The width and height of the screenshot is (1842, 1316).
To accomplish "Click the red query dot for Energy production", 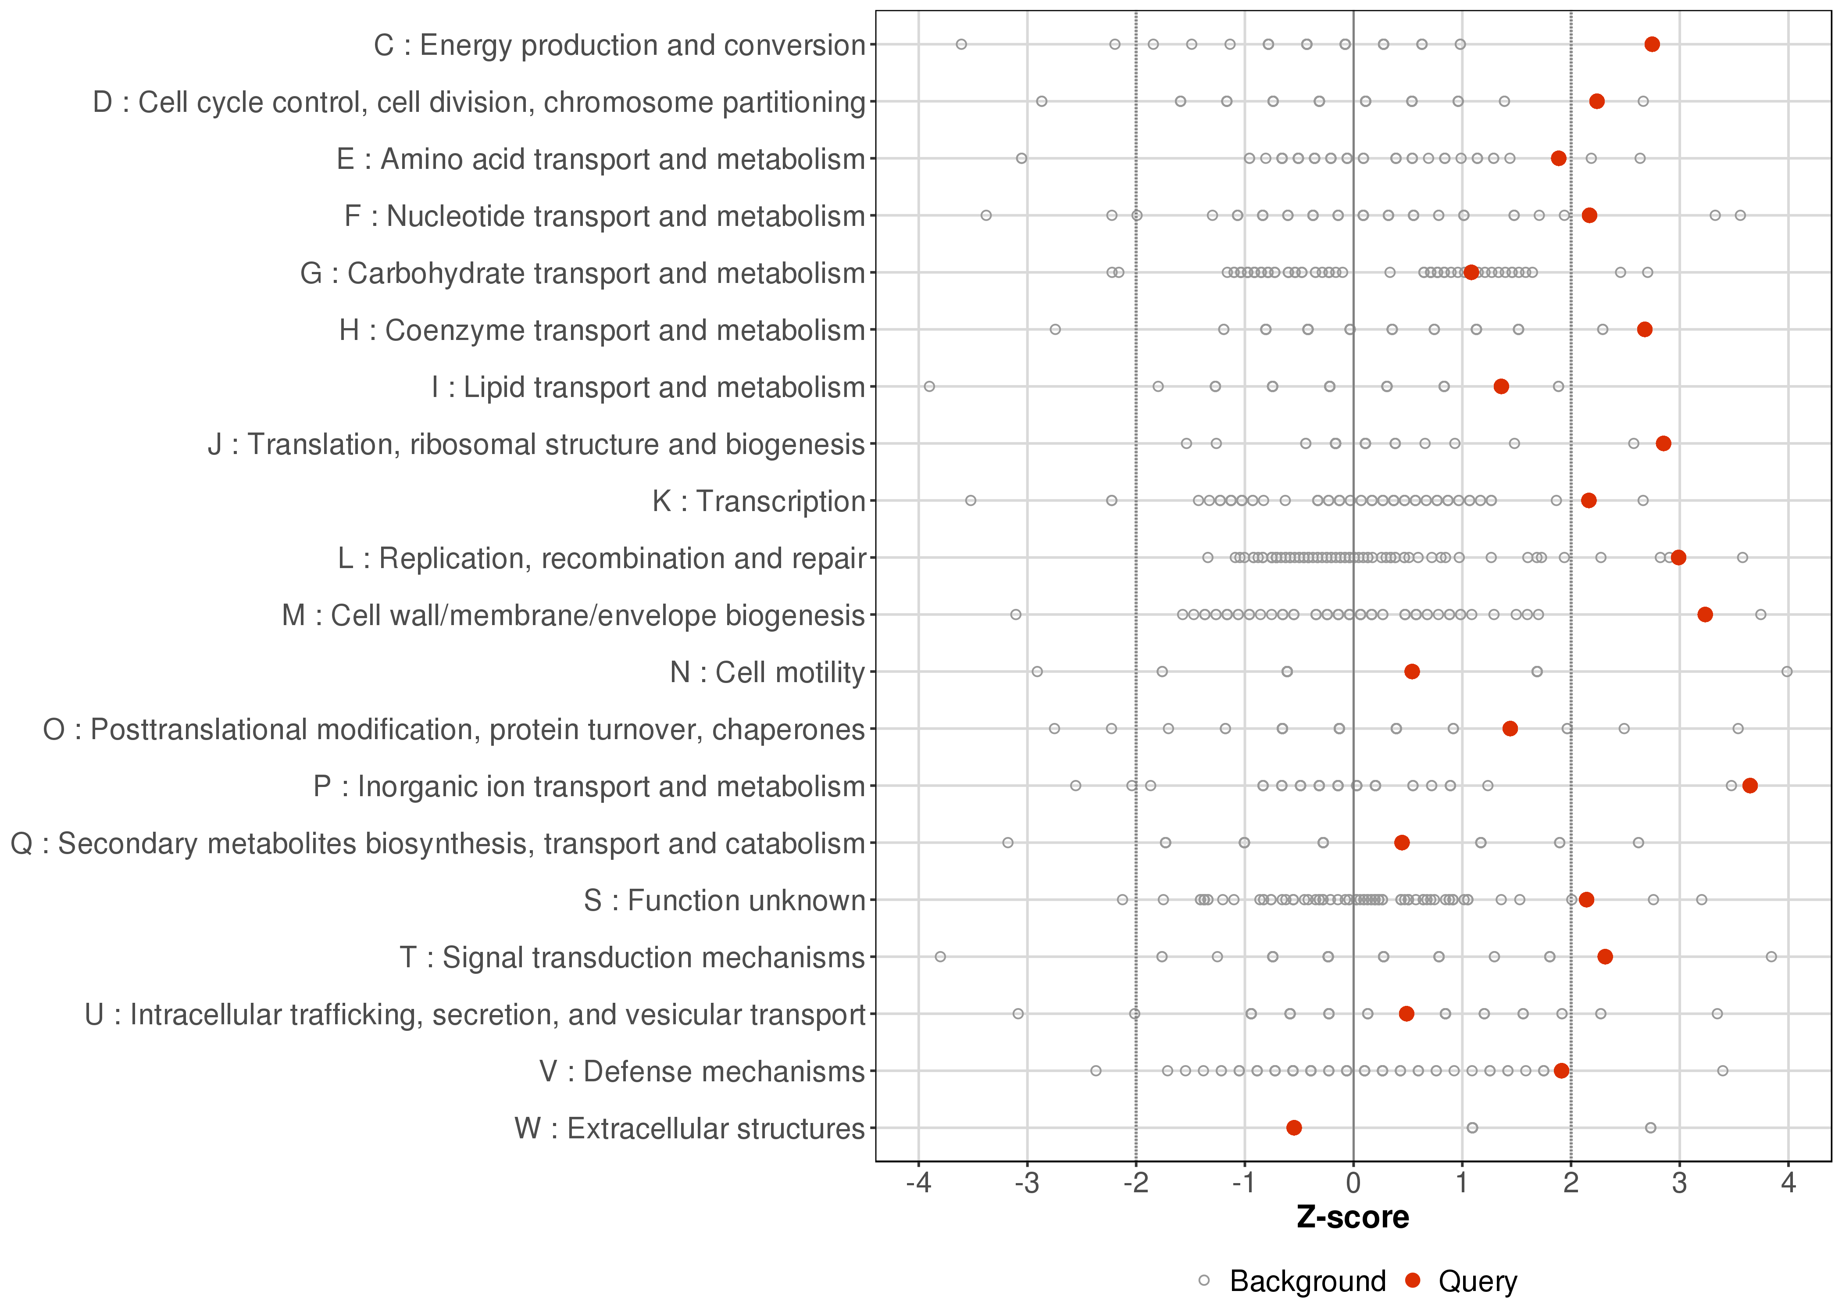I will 1652,45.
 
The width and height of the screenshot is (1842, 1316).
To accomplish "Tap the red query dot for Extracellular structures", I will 1294,1128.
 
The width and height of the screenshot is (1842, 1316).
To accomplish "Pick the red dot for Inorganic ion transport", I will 1749,786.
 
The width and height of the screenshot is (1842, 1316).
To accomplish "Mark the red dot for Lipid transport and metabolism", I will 1501,386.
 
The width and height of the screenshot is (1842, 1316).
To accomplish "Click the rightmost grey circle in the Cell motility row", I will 1787,672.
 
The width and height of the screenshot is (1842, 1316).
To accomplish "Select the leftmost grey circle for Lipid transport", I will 929,386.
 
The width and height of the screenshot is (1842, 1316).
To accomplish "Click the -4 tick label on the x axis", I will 918,1184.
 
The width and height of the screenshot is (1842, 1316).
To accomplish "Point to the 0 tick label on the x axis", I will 1353,1184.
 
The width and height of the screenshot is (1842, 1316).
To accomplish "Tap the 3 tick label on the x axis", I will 1679,1184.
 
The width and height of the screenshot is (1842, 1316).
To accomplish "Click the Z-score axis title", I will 1353,1218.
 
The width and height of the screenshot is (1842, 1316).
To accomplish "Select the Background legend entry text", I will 1307,1281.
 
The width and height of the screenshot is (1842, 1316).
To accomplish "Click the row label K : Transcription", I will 759,501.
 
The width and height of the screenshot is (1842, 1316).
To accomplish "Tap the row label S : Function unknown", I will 724,900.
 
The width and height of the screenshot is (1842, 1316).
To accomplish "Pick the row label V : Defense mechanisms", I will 702,1071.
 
